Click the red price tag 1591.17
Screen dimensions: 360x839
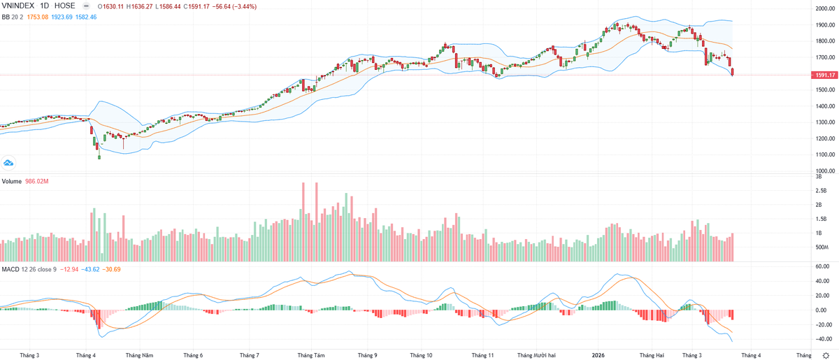[821, 75]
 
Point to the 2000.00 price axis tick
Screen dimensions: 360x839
[822, 8]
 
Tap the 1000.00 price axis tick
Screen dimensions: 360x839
[822, 171]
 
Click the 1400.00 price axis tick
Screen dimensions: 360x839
[822, 106]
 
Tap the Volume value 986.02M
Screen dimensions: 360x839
[36, 181]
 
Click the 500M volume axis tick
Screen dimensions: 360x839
[822, 247]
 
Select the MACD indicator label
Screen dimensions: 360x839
[10, 268]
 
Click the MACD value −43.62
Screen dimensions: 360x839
[92, 268]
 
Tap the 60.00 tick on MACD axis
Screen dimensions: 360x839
[822, 266]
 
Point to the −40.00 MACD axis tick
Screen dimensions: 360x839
[822, 339]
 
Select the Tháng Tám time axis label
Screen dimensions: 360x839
[311, 355]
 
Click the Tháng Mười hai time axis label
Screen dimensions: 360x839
[537, 355]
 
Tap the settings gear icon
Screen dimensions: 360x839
[826, 355]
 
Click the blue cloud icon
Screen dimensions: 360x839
[9, 163]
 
